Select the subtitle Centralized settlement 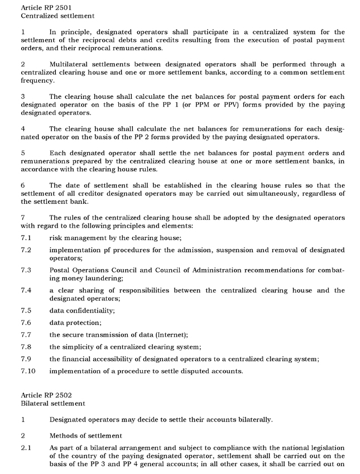(50, 16)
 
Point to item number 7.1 (26, 238)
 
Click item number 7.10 (28, 371)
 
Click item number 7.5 (26, 310)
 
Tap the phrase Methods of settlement (85, 434)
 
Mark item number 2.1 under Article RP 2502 (26, 447)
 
